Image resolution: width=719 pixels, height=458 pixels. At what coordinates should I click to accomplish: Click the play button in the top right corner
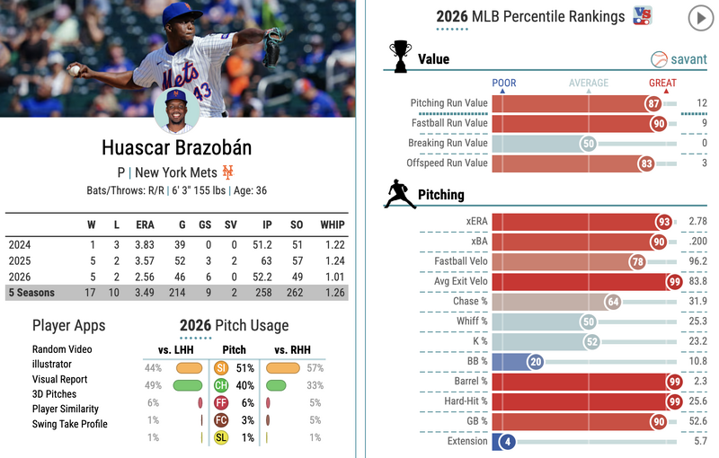point(701,18)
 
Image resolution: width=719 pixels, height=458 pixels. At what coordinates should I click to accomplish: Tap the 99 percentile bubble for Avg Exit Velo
point(675,282)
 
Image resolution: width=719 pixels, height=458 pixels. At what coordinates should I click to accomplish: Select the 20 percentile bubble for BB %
point(536,362)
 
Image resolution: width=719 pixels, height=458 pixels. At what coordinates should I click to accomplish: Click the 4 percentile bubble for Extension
point(507,442)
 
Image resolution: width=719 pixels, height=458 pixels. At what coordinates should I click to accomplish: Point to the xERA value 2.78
point(697,221)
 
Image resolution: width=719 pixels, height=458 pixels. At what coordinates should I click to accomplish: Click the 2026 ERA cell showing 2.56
point(145,277)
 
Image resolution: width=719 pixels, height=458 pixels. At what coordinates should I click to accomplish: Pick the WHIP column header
point(333,225)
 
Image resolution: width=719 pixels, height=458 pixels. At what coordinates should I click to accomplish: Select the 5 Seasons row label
point(31,293)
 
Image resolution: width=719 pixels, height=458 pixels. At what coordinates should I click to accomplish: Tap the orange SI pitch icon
point(221,368)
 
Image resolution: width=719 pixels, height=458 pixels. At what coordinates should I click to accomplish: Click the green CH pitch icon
point(221,385)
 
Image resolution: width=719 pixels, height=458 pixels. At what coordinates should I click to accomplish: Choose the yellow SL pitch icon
point(221,437)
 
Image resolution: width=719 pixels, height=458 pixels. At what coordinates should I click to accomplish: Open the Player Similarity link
point(65,409)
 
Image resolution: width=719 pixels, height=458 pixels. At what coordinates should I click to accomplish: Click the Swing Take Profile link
point(70,424)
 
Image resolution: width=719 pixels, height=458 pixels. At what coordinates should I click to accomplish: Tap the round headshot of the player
point(176,110)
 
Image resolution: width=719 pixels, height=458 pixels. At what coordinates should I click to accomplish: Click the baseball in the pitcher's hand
point(74,70)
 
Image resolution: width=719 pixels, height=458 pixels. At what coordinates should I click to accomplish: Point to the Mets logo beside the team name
point(228,172)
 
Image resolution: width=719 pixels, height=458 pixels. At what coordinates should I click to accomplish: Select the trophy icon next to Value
point(400,57)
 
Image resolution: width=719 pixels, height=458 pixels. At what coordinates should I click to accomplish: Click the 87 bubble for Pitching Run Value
point(653,103)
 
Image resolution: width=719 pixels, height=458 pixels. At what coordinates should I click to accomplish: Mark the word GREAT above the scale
point(662,83)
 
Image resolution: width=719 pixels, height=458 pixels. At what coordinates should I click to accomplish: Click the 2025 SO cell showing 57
point(297,260)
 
